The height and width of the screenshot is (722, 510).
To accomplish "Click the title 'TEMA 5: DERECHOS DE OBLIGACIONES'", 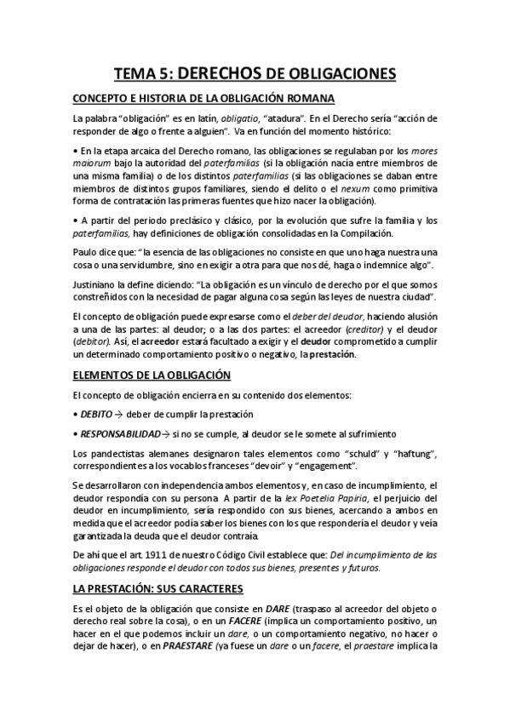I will click(x=255, y=75).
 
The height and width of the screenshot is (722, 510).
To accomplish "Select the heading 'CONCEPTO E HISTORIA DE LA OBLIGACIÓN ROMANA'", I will click(x=203, y=97).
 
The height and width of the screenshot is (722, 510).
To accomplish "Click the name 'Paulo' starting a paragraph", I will click(x=86, y=252).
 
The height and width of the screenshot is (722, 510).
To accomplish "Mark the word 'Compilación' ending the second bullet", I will click(x=347, y=232).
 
